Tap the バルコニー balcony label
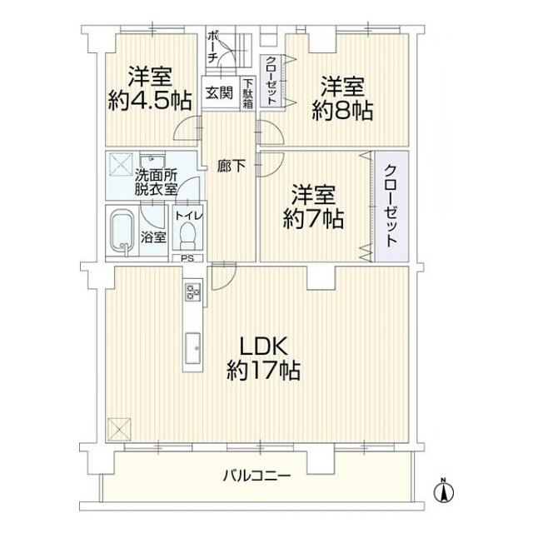point(257,476)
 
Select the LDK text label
point(264,345)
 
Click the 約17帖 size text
point(264,370)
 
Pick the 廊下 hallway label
point(231,166)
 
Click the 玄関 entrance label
point(219,92)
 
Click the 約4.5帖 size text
point(150,101)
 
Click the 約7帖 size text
point(313,220)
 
